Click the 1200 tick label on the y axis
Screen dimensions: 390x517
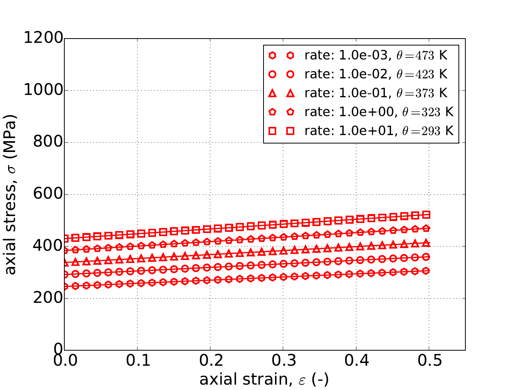(43, 39)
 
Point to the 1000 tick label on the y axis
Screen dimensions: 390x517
(43, 90)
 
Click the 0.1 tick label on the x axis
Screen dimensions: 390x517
(137, 361)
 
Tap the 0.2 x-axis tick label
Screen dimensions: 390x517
(210, 361)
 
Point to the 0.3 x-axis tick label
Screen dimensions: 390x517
(283, 361)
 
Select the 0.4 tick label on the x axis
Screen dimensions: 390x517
(356, 361)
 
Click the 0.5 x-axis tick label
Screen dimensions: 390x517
(429, 361)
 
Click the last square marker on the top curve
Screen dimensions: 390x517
(426, 215)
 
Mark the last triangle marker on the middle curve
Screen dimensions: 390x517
(426, 243)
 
